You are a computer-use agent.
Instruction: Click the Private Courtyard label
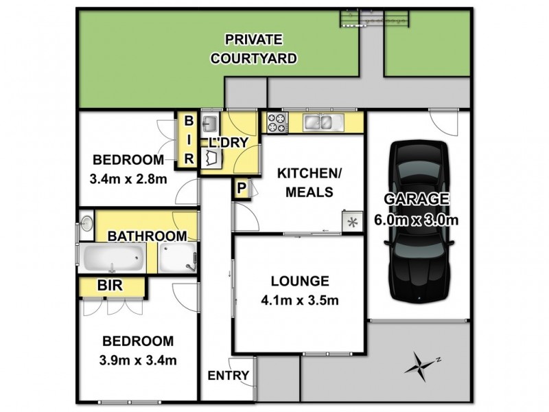click(x=253, y=49)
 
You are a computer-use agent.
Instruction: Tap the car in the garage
click(x=418, y=221)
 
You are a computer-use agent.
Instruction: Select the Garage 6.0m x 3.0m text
click(x=416, y=209)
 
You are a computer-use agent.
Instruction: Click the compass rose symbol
click(x=422, y=364)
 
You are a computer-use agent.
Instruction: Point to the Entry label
click(x=227, y=376)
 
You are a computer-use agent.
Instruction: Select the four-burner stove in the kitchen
click(x=277, y=123)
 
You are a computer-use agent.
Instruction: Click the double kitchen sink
click(x=321, y=123)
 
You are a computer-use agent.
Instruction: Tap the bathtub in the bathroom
click(x=114, y=260)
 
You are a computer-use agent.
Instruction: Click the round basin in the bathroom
click(x=87, y=223)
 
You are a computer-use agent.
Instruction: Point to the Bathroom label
click(x=147, y=236)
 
